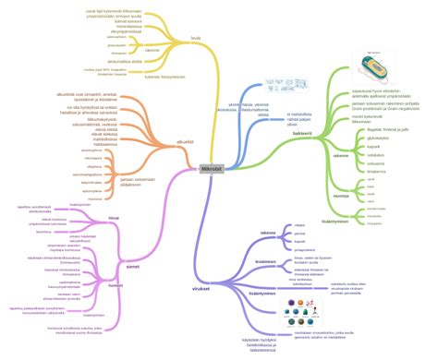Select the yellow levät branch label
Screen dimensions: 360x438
coord(197,38)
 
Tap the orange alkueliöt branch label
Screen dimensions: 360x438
coord(186,141)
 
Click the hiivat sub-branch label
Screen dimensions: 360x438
coord(114,218)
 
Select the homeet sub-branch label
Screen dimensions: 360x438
coord(116,285)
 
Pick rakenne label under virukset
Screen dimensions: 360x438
coord(268,233)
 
